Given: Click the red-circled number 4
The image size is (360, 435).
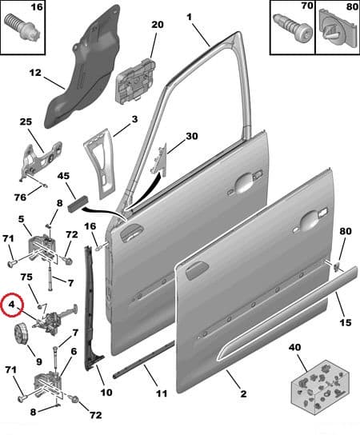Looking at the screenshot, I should pos(11,304).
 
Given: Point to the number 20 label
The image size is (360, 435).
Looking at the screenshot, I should pos(156,25).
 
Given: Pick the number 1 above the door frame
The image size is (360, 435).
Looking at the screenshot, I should pos(189,16).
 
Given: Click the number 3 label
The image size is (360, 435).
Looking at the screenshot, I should pos(134,119).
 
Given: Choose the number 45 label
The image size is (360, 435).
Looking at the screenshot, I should pos(63,176).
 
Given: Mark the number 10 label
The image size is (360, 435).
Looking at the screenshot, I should pos(106,393).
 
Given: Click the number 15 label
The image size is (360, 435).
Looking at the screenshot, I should pos(345,323).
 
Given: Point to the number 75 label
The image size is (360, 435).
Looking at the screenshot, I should pos(26,277).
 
